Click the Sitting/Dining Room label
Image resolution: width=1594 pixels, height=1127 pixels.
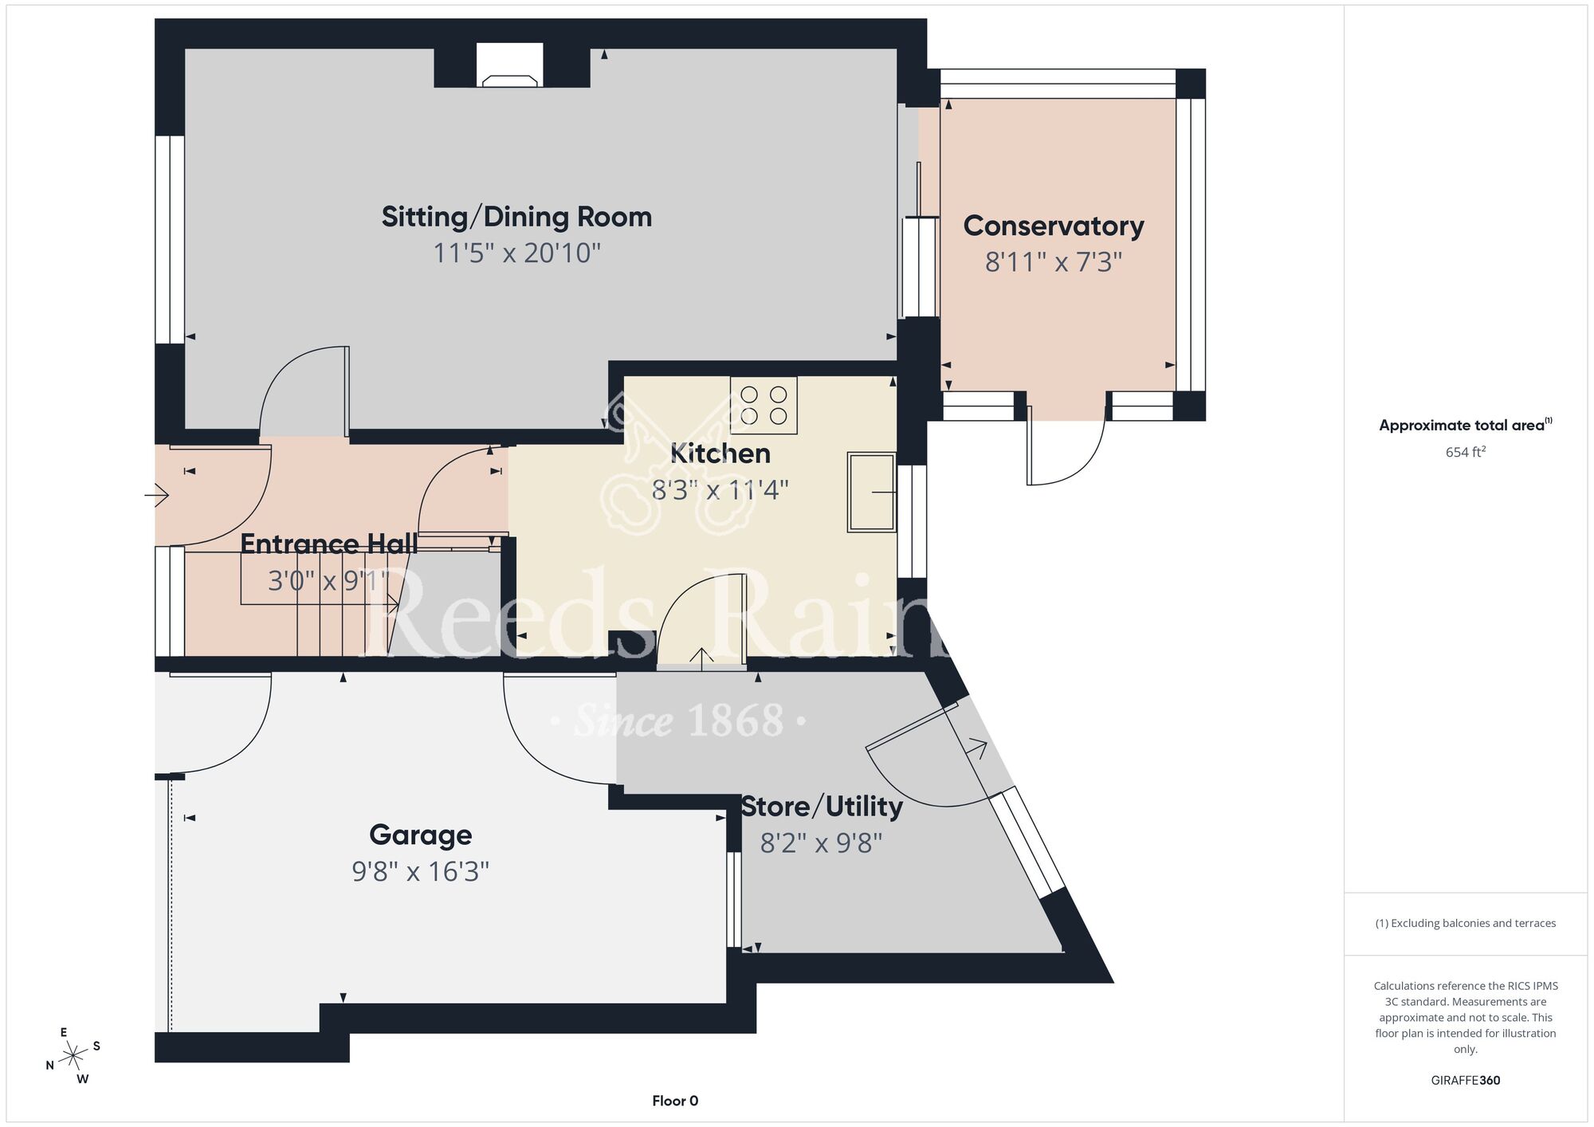(516, 217)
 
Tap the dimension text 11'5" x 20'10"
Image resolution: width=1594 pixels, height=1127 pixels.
(516, 253)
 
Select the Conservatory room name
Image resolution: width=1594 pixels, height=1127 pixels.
(1054, 226)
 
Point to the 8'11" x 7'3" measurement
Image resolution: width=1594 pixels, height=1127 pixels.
(1054, 261)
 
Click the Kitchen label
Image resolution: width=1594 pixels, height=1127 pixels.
(720, 454)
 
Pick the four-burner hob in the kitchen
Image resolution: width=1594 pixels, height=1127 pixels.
(764, 406)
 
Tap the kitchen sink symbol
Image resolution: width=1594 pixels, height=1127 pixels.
(872, 493)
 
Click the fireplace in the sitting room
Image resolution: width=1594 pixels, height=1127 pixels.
(510, 67)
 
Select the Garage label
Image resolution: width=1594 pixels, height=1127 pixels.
(421, 835)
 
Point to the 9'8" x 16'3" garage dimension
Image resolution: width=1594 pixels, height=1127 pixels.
(421, 872)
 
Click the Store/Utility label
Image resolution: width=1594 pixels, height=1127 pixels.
(822, 807)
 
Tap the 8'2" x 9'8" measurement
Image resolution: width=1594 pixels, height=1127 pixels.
(822, 843)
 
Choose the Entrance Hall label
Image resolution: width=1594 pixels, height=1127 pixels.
(329, 544)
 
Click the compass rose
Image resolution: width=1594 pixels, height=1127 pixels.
(73, 1056)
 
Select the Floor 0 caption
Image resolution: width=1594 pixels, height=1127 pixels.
(675, 1101)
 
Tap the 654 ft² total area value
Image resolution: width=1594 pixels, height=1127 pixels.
(1466, 452)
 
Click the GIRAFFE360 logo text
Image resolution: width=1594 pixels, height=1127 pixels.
(1466, 1081)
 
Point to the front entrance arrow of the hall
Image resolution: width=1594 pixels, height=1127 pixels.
(157, 496)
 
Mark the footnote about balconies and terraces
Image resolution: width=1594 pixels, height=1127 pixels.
(1466, 923)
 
